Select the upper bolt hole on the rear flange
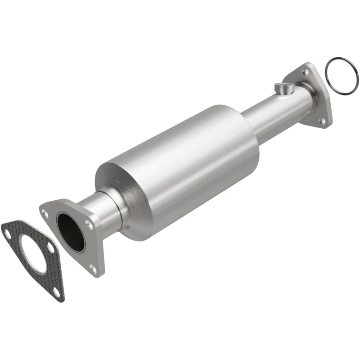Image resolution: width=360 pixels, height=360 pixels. point(306,72)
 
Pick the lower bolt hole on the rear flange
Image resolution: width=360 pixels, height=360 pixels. point(322,121)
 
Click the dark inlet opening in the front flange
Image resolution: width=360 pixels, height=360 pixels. point(71,232)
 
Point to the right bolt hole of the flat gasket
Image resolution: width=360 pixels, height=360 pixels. point(51,249)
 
